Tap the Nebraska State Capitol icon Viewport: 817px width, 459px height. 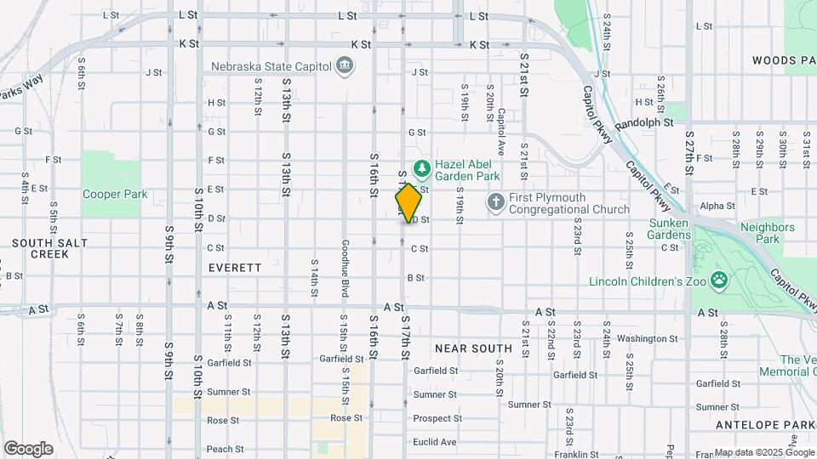(345, 65)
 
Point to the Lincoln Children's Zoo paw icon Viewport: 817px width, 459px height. (719, 280)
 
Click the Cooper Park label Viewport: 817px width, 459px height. (115, 194)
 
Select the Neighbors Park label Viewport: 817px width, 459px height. (767, 233)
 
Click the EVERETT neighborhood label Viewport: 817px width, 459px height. (235, 267)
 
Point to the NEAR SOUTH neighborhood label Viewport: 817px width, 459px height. (473, 348)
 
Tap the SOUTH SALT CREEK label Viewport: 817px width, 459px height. (37, 248)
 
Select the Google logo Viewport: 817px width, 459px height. (28, 448)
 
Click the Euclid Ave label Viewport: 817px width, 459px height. (435, 442)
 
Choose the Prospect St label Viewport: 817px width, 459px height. (437, 418)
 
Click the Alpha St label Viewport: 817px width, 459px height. (717, 206)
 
